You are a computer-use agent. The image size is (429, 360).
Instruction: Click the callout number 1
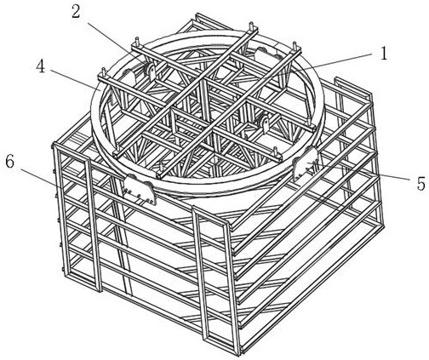tap(384, 54)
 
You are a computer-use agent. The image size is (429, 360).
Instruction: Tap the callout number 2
tap(76, 12)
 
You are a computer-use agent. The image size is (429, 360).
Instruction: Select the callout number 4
tap(41, 67)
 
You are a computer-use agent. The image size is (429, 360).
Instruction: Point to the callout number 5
tap(421, 184)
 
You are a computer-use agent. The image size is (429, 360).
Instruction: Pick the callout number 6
tap(10, 162)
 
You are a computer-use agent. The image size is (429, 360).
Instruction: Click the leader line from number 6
tap(42, 180)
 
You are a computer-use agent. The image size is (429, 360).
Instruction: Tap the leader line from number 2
tap(117, 45)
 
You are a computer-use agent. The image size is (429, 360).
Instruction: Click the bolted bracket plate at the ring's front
tap(140, 189)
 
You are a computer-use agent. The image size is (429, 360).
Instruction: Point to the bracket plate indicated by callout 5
tap(305, 163)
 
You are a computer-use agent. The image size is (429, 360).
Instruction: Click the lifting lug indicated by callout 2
tap(151, 71)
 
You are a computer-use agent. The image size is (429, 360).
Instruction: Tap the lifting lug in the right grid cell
tap(264, 124)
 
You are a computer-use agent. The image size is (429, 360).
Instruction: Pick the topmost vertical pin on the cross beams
tap(251, 26)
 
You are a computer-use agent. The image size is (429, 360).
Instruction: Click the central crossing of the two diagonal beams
tap(203, 82)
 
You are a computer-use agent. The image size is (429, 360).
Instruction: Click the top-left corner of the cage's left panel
tap(54, 146)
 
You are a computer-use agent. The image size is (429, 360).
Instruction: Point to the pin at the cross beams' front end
tap(162, 169)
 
